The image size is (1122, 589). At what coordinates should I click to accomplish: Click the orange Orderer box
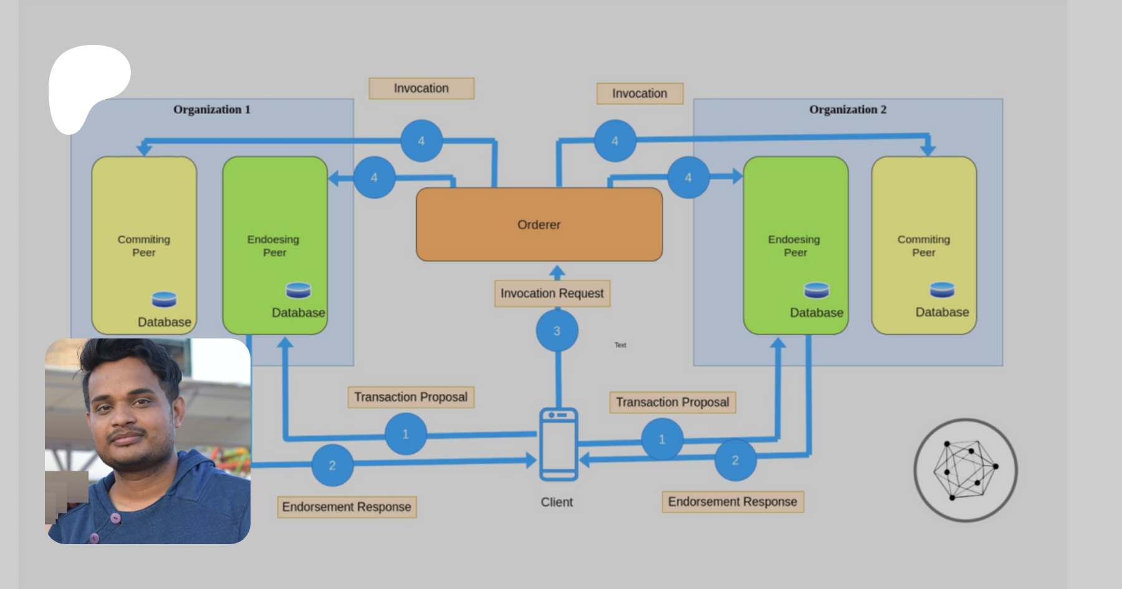coord(539,224)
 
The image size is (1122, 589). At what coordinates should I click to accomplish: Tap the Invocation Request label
coord(552,294)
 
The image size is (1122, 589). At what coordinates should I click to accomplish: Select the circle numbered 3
coord(557,331)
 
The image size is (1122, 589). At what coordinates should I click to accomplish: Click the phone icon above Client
coord(559,444)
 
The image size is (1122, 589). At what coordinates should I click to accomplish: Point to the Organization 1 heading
coord(212,110)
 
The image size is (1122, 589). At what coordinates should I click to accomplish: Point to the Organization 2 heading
coord(848,110)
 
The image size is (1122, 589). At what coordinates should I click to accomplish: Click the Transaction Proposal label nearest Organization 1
coord(411,397)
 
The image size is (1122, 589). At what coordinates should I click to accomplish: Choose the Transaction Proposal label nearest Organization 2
coord(673,402)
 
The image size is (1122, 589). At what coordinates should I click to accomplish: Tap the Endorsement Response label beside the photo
coord(347,507)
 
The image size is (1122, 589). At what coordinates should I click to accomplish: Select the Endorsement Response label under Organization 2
coord(732,502)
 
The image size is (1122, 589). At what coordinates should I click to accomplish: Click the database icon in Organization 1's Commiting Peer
coord(164,300)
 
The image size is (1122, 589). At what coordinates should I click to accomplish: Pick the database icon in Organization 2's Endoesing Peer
coord(817,290)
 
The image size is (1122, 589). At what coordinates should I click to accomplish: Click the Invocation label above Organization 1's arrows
coord(421,89)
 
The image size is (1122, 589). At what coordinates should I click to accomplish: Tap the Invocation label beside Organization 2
coord(640,93)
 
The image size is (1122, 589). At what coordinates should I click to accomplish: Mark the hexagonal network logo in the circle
coord(965,470)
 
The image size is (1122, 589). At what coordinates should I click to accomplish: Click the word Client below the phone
coord(557,502)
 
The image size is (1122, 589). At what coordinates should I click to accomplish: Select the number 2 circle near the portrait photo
coord(332,465)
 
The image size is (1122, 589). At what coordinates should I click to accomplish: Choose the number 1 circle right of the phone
coord(662,439)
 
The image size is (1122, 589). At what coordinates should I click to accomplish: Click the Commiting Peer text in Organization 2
coord(924,246)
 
